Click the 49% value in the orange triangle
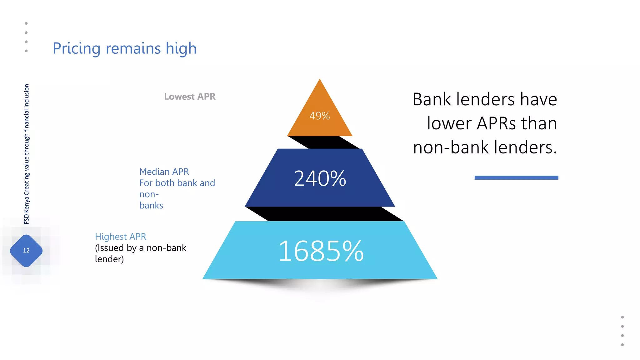[319, 116]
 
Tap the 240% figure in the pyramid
[320, 178]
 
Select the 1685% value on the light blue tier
[321, 251]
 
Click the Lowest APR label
[190, 97]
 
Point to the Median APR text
[164, 172]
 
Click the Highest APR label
[121, 237]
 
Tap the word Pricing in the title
[77, 49]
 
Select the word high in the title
[181, 49]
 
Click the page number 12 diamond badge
[26, 251]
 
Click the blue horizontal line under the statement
[516, 177]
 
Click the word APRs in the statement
[496, 123]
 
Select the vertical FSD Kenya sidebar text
[27, 154]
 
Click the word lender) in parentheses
[109, 259]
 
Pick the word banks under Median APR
[151, 205]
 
